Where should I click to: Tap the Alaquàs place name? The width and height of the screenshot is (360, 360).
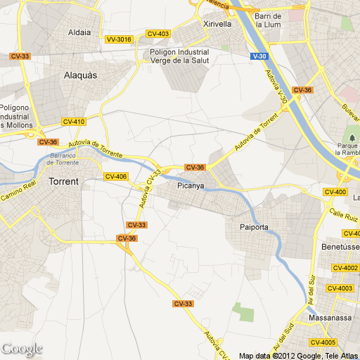[79, 74]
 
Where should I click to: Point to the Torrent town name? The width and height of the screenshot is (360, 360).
[63, 181]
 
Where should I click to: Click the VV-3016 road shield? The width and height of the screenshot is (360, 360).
[119, 39]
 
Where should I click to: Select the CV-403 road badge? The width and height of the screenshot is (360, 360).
[159, 34]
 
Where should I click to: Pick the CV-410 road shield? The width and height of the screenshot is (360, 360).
[73, 122]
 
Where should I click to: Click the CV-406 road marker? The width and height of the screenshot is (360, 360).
[115, 176]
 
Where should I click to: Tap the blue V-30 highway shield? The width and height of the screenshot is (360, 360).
[259, 56]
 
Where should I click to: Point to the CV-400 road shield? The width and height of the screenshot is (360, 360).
[335, 192]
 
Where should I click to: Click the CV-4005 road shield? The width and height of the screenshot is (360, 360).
[324, 342]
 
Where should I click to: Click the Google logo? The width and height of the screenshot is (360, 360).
[22, 348]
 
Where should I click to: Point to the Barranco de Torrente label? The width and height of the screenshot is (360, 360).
[61, 158]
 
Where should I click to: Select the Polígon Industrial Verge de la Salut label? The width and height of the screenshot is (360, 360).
[179, 56]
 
